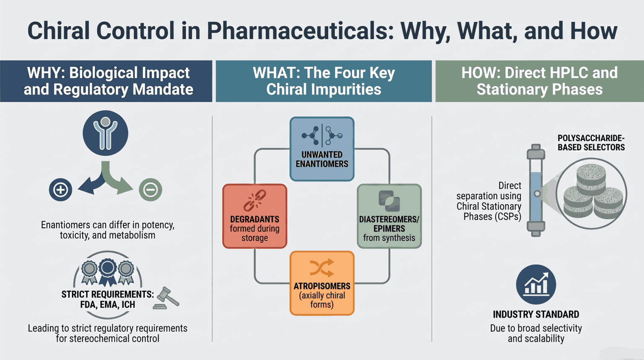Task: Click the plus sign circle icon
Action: pos(60,190)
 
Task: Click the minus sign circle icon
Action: pos(151,190)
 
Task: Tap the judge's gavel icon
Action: pos(166,298)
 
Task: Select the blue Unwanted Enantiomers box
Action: pos(322,149)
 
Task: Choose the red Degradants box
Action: pos(255,216)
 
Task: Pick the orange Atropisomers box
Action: pos(322,283)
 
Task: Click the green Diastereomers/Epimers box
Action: pos(389,216)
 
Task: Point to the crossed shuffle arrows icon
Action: pos(322,268)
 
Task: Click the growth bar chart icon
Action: pos(536,284)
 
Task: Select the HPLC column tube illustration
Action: pos(536,190)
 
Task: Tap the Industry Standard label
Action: pos(536,315)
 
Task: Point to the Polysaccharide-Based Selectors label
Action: pos(591,143)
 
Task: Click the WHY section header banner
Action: pos(106,81)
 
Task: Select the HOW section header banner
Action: pos(540,81)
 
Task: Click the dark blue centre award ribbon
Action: pos(108,272)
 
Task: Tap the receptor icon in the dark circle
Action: pos(106,133)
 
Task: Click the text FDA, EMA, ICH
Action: pos(107,305)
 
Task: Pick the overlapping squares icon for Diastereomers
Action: pos(389,201)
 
